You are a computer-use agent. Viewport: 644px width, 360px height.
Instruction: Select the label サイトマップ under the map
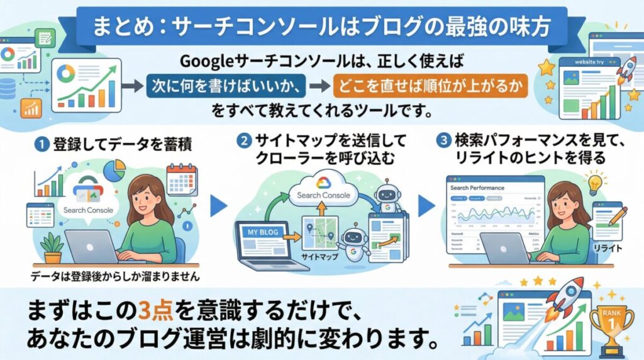[x=320, y=257]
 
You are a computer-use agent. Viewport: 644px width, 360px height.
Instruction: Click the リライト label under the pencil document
[x=608, y=248]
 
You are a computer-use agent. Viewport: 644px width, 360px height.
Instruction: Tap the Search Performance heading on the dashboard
[x=477, y=188]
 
